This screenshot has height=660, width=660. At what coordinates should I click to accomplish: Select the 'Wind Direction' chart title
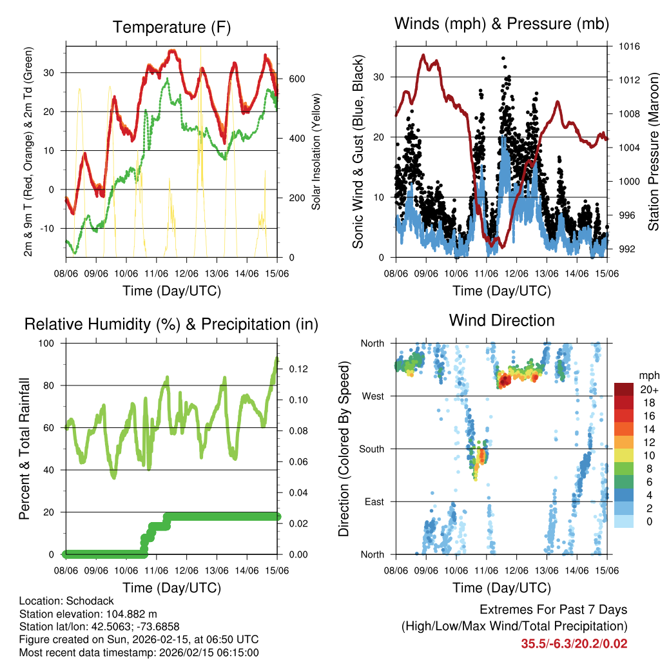tap(501, 320)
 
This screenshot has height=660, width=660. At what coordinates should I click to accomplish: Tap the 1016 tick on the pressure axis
tap(629, 46)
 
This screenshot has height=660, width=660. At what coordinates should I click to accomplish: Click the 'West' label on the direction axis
tap(374, 396)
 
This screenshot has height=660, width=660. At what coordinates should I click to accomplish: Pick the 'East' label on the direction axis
tap(374, 501)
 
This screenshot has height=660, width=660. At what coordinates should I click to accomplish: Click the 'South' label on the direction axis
tap(372, 449)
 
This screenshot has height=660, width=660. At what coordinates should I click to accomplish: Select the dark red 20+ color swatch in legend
tap(623, 390)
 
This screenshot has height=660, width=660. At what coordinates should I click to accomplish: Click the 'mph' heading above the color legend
tap(648, 375)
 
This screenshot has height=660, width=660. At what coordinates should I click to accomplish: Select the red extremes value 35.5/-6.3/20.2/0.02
tap(574, 643)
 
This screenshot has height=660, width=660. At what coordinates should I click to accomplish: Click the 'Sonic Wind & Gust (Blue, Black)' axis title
tap(358, 151)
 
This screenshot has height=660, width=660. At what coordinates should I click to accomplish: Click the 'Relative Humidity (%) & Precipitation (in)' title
tap(171, 324)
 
